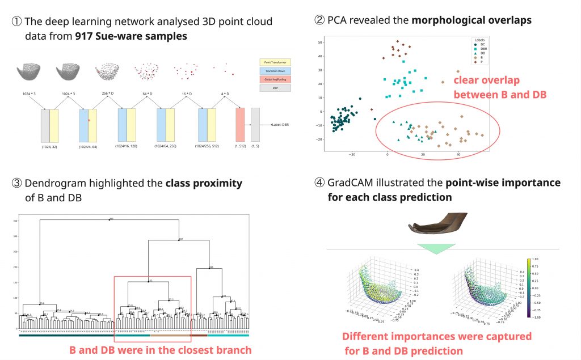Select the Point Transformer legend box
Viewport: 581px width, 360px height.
pyautogui.click(x=275, y=61)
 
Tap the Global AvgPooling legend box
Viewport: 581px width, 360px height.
pyautogui.click(x=275, y=79)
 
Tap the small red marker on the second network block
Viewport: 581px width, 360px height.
pyautogui.click(x=89, y=121)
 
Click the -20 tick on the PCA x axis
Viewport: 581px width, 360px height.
pyautogui.click(x=352, y=154)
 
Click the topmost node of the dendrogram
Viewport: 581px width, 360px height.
pyautogui.click(x=110, y=219)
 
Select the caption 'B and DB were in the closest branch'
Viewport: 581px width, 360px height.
pyautogui.click(x=161, y=350)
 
